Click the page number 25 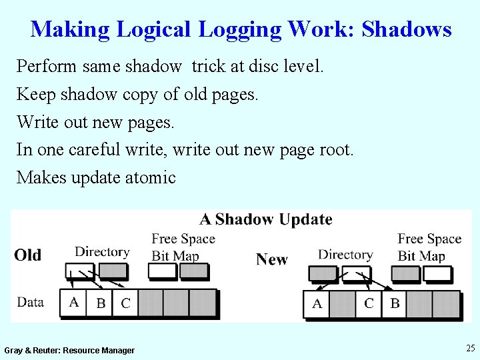(x=470, y=348)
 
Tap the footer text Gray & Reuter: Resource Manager (x=69, y=351)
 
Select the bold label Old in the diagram (x=28, y=255)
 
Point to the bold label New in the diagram (x=272, y=259)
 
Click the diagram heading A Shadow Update (x=266, y=220)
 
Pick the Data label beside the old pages (x=30, y=302)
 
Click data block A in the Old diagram (x=73, y=302)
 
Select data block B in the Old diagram (x=100, y=303)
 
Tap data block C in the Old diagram (x=125, y=303)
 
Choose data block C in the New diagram (x=369, y=303)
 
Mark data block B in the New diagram (x=395, y=303)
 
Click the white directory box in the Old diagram (x=79, y=271)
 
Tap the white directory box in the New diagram (x=355, y=273)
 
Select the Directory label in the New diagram (x=345, y=255)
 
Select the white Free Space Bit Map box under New (x=437, y=273)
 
